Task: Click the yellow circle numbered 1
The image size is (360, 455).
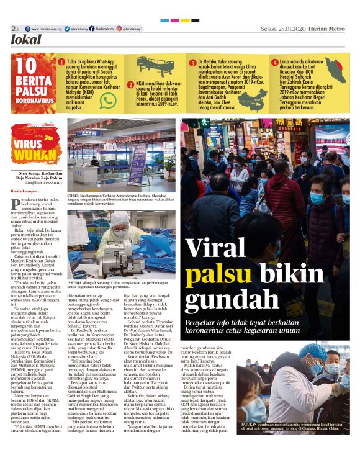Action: point(61,62)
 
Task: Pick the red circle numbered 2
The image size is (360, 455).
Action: point(130,85)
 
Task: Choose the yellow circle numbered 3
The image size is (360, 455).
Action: point(192,62)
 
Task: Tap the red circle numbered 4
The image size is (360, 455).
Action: point(274,62)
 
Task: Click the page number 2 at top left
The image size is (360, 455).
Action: point(12,29)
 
